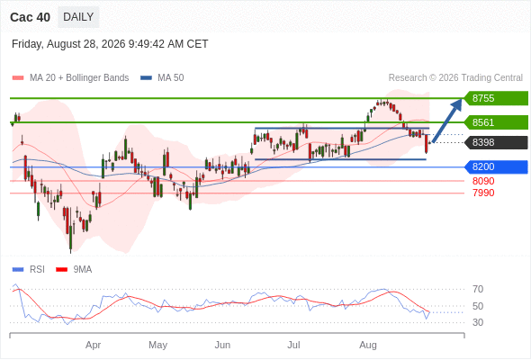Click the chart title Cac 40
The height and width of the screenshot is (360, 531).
30,17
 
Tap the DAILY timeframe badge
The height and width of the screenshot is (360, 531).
78,17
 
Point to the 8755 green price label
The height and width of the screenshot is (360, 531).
496,98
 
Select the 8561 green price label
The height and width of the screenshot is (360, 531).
496,122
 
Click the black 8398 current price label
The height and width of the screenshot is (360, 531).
496,142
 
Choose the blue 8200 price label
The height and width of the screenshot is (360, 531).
496,167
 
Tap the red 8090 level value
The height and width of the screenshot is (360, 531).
483,181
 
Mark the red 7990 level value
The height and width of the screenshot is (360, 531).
483,193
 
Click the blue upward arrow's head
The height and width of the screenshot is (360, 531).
457,103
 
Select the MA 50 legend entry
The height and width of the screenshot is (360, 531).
162,78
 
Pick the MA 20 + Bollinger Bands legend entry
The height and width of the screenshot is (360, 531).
70,78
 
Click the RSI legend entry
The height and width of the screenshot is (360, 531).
29,270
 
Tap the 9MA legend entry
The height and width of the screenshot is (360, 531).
74,270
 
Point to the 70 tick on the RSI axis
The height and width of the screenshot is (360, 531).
478,289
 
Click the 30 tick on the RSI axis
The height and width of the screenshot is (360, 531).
478,322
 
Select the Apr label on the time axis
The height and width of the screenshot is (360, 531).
93,345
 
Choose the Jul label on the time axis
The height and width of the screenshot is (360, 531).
293,345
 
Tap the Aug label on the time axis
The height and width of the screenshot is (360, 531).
368,346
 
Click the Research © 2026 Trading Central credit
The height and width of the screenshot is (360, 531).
455,78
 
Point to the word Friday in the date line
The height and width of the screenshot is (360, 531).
27,44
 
